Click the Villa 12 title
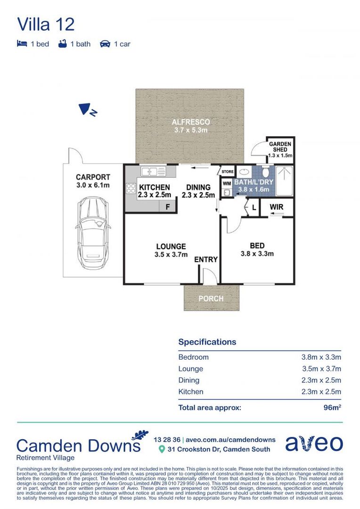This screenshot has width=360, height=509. point(46,25)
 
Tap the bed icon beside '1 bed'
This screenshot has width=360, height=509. point(22,43)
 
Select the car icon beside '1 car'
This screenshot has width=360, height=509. point(105,44)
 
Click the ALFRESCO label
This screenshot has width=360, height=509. point(191,122)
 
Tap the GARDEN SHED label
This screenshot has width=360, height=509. point(280,147)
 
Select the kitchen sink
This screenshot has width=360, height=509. point(153,171)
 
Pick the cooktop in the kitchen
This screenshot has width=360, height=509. point(131,188)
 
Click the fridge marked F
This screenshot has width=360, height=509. point(167,206)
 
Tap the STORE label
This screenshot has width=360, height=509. point(228,172)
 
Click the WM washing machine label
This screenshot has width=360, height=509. point(227,183)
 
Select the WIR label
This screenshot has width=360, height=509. point(276,207)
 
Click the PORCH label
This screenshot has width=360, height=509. point(211,298)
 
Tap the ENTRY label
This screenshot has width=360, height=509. point(206,259)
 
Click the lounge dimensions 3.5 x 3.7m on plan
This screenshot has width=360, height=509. point(171,254)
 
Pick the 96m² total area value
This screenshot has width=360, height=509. point(332,407)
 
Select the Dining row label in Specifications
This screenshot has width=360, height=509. point(189,380)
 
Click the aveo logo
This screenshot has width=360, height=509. point(314,443)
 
